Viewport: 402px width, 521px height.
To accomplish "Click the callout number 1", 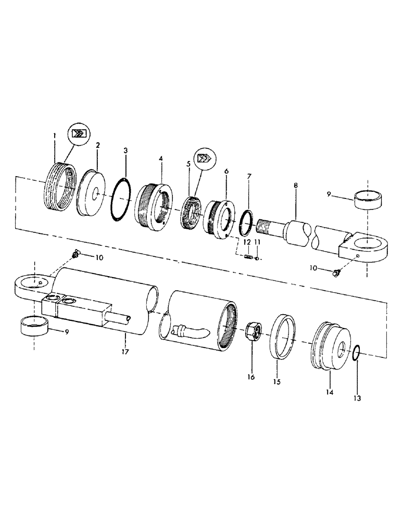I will click(x=55, y=137).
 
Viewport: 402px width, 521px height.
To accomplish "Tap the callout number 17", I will click(x=124, y=352).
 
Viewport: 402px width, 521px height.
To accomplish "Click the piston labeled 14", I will click(x=331, y=350).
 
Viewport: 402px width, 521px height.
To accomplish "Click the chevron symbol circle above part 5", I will click(x=204, y=157).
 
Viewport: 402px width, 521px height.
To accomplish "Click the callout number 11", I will click(x=257, y=242).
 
